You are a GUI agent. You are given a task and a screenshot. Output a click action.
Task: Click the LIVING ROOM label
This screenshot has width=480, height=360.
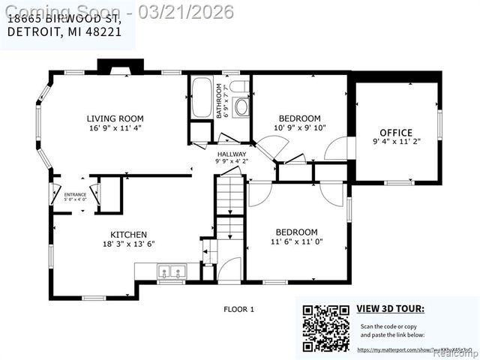click(x=115, y=118)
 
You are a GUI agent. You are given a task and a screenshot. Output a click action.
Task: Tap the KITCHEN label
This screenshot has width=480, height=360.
click(x=128, y=234)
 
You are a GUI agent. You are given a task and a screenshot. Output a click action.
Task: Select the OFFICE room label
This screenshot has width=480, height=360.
click(x=396, y=132)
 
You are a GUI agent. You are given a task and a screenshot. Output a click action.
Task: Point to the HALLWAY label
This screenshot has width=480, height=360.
click(x=231, y=153)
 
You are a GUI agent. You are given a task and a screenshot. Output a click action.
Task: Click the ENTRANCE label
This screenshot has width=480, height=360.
click(x=75, y=195)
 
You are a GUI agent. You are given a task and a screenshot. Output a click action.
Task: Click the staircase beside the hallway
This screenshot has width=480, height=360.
click(x=230, y=196)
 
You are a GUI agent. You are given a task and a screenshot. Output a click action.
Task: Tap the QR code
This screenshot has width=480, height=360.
click(x=326, y=328)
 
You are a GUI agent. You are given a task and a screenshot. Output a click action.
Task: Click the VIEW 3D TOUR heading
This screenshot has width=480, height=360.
click(x=390, y=308)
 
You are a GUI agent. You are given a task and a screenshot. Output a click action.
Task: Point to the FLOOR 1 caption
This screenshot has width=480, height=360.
click(x=240, y=309)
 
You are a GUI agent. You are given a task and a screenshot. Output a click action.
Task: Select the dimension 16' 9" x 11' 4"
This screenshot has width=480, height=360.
click(x=115, y=128)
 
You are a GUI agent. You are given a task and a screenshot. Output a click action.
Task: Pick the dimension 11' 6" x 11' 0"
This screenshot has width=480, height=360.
click(x=296, y=241)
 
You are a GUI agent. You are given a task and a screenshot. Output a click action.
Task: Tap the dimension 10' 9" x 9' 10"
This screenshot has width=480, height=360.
click(x=300, y=128)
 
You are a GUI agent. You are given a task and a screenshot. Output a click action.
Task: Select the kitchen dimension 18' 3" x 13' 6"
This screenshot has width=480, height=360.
click(x=128, y=244)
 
